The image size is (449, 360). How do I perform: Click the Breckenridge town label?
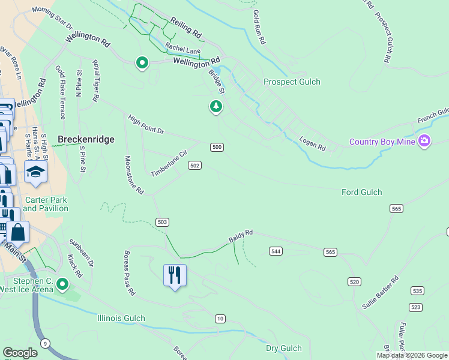(x=86, y=139)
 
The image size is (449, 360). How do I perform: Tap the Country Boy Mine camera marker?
(x=424, y=141)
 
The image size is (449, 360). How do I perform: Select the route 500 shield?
(x=217, y=147)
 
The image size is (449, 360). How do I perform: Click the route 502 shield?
(x=194, y=165)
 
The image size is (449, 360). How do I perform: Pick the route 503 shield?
(x=161, y=222)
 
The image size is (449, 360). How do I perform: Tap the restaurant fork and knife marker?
(x=175, y=275)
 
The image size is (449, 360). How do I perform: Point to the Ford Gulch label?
(x=361, y=192)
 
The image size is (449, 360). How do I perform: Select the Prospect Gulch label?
(x=292, y=82)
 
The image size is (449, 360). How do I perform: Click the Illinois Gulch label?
(x=121, y=318)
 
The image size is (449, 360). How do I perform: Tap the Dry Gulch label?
(x=283, y=348)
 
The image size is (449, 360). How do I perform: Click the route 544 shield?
(x=276, y=251)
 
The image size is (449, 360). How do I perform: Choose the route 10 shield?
(x=220, y=319)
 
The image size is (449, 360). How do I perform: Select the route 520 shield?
(x=354, y=281)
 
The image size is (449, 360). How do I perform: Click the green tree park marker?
(x=216, y=106)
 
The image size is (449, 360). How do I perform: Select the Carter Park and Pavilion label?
(x=46, y=204)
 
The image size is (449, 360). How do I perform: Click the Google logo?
(x=20, y=353)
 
